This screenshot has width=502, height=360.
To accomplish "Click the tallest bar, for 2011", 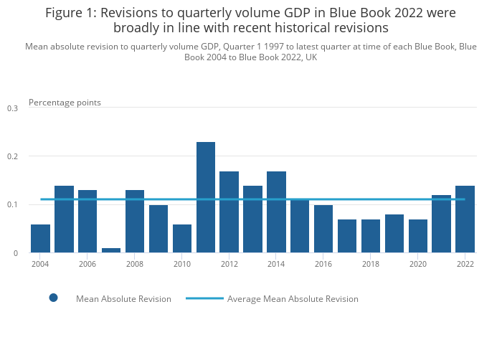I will click(206, 197).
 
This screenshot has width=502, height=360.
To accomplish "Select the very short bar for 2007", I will click(111, 250).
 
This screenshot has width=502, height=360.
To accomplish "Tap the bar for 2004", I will click(40, 238).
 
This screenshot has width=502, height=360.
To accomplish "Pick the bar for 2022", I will click(465, 219).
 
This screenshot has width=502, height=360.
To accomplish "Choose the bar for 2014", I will click(276, 212).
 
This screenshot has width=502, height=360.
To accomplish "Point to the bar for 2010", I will click(182, 238).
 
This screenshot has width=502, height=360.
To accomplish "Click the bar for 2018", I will click(371, 236).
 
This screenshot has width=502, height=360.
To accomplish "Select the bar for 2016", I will click(323, 229).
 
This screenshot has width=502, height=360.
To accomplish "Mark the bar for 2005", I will click(64, 219).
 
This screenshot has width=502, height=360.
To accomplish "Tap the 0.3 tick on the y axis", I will click(12, 108).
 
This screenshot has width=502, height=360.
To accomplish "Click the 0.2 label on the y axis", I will click(12, 156).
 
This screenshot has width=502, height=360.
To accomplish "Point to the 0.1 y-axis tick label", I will click(12, 205).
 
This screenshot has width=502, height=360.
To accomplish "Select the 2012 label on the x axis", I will click(229, 264).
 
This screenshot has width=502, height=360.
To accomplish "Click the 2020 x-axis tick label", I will click(418, 264).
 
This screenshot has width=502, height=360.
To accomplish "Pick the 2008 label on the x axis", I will click(135, 264).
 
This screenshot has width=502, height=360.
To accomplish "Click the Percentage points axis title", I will click(65, 103).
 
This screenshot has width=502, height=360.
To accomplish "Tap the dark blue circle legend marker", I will click(53, 298).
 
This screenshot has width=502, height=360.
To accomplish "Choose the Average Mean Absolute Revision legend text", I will click(293, 299).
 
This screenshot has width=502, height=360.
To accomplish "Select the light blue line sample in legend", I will click(204, 298).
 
